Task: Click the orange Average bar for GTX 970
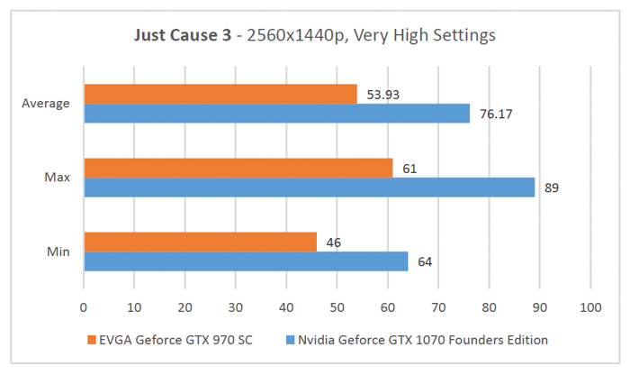click(x=220, y=94)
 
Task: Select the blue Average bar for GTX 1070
click(x=276, y=113)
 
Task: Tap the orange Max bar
click(x=238, y=168)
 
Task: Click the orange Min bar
click(x=200, y=242)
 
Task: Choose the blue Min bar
click(x=246, y=261)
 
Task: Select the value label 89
click(x=553, y=187)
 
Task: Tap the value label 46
click(x=333, y=242)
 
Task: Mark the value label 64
click(x=425, y=261)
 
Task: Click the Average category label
click(x=46, y=104)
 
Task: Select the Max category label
click(x=57, y=178)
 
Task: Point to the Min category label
click(x=58, y=252)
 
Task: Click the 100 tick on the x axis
click(x=589, y=306)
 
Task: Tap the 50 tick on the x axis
click(x=337, y=306)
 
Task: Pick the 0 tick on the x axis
click(x=84, y=306)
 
